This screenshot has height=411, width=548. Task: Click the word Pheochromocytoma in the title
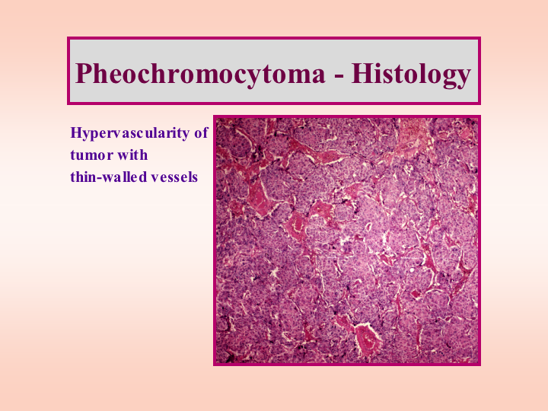coord(200,74)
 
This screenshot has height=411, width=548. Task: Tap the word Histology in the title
coord(411,74)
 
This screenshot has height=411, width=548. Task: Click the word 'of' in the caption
coord(201,132)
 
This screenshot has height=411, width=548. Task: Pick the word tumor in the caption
coord(91,155)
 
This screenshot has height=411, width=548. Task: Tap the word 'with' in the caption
coord(132,155)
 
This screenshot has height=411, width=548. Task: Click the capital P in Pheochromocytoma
coord(84,73)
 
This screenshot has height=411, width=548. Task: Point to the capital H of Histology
coord(362,73)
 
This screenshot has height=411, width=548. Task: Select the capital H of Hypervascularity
coord(77,132)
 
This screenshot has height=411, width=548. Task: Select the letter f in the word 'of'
coord(205,132)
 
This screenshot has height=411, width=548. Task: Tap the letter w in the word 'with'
coord(123,157)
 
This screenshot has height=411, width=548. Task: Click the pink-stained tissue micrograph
coord(347,241)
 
